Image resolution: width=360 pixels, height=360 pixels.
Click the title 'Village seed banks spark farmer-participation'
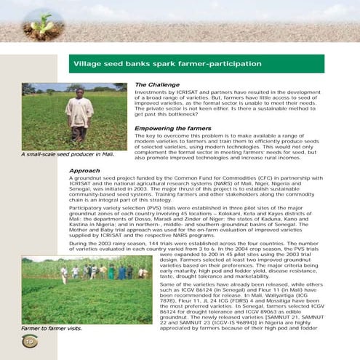point(167,64)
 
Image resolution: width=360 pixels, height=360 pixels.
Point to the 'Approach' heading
point(84,171)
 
